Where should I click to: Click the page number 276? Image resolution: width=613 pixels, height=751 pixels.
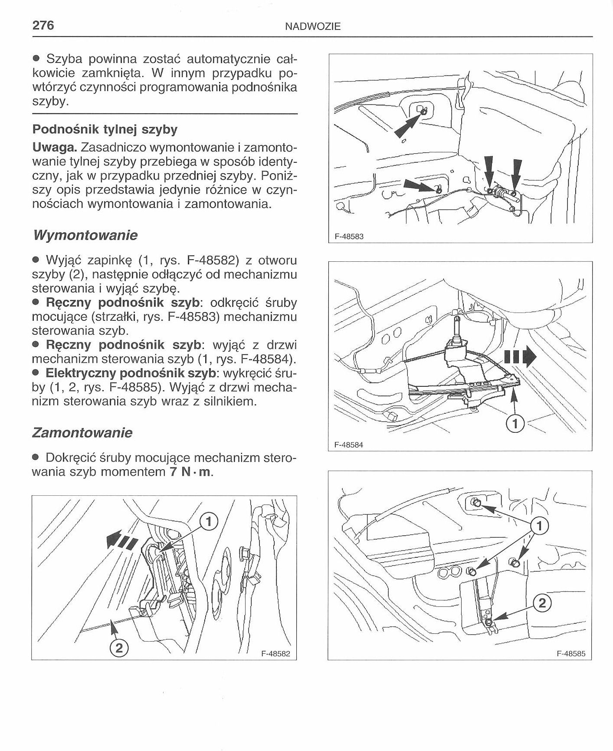coord(43,25)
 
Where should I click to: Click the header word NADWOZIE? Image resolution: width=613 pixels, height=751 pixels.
coord(313,27)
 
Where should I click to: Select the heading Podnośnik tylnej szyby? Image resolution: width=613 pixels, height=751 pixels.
coord(105,129)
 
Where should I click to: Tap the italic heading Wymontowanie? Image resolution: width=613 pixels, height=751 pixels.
coord(85,235)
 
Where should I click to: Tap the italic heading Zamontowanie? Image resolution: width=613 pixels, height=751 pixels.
coord(82,433)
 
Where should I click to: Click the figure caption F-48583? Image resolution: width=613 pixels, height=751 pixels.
coord(349,237)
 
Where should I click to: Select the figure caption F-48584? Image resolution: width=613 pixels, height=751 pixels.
coord(349,445)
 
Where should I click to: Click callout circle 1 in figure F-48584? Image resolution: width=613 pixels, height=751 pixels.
coord(515,424)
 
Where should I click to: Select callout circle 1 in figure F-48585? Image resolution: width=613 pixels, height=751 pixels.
coord(539,527)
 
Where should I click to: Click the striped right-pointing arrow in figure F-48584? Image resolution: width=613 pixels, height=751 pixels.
coord(520,357)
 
